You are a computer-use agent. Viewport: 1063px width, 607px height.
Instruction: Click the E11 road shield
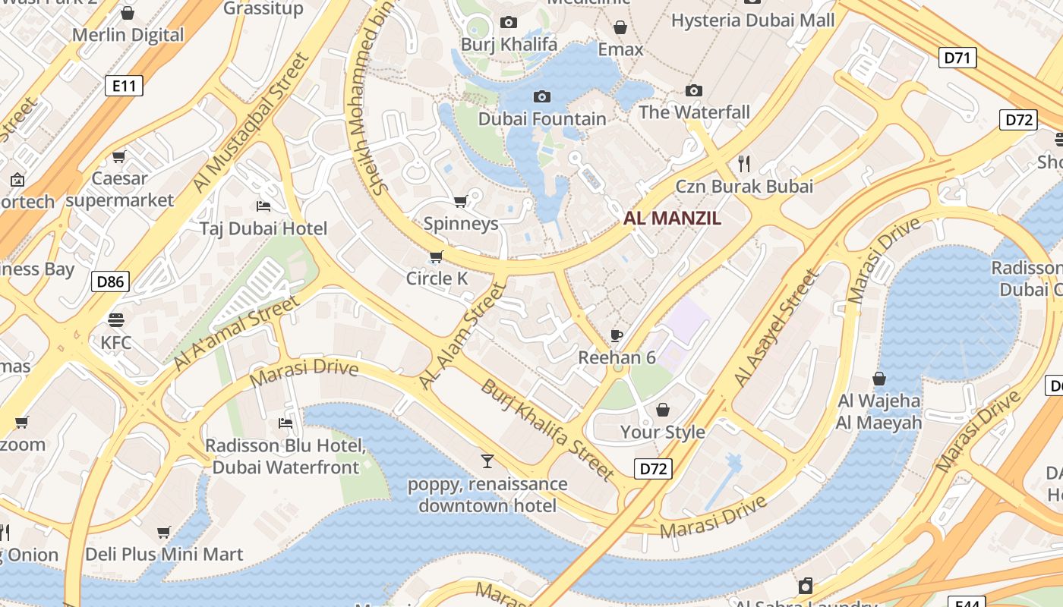[124, 86]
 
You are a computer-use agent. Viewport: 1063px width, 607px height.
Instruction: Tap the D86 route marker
[110, 282]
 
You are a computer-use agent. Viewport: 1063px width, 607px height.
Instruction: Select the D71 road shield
[957, 58]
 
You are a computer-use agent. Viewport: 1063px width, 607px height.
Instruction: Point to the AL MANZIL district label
[672, 219]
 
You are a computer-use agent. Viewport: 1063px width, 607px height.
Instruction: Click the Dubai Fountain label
[542, 119]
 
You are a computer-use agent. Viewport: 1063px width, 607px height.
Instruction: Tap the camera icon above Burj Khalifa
[509, 23]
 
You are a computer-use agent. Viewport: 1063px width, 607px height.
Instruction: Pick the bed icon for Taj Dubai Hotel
[263, 206]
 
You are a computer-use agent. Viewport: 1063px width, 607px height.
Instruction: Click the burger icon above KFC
[116, 319]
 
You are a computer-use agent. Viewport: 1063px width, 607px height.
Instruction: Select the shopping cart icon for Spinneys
[460, 201]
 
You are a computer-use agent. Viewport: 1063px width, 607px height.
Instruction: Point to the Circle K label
[437, 278]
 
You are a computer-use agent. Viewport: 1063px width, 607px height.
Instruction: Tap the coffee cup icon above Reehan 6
[617, 335]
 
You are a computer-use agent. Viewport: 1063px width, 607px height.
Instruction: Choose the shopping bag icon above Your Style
[663, 410]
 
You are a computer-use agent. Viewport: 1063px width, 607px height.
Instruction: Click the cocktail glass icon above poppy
[487, 461]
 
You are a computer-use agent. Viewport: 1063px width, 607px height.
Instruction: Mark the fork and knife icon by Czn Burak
[744, 163]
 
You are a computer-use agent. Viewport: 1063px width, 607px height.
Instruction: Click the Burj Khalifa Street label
[547, 429]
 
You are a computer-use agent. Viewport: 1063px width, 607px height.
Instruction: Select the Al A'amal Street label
[236, 333]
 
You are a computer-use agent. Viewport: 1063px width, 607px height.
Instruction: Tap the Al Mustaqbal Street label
[251, 121]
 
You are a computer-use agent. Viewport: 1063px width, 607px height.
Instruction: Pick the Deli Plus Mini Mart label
[164, 554]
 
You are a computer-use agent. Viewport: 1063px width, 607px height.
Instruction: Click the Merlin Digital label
[128, 35]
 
